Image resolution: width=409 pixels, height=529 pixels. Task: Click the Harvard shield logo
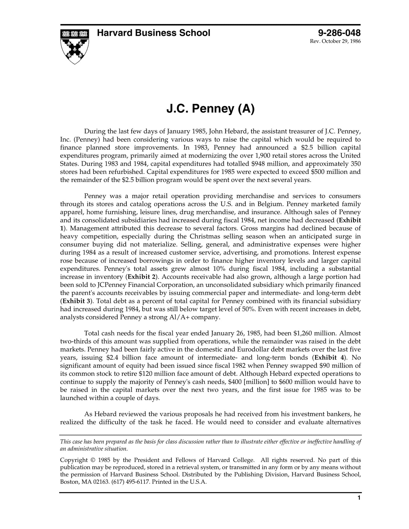tap(75, 46)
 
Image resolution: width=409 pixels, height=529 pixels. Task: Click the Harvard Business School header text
tap(153, 33)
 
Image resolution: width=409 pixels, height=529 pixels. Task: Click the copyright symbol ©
tap(93, 460)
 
